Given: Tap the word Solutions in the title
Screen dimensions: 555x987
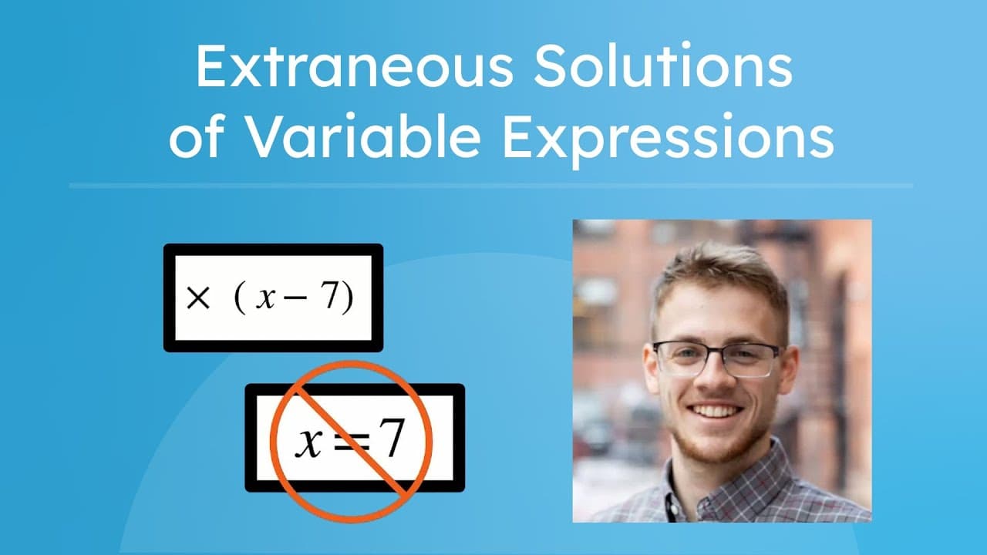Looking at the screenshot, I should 660,67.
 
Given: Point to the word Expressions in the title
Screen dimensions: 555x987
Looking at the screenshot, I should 668,140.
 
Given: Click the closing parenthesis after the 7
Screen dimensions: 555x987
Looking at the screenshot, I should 348,298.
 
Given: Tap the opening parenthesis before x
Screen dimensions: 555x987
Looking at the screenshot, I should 239,298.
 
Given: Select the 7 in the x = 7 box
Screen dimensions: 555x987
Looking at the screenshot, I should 392,439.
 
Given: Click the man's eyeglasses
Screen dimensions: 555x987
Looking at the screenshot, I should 717,358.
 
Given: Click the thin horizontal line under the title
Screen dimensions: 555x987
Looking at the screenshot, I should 490,186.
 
